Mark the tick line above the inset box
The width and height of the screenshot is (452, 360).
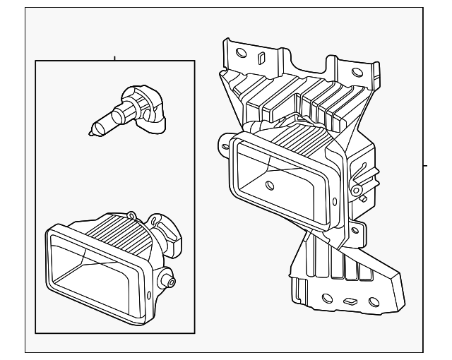click(115, 57)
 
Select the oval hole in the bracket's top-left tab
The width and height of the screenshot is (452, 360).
click(241, 52)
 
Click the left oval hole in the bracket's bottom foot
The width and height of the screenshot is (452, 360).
click(328, 297)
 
